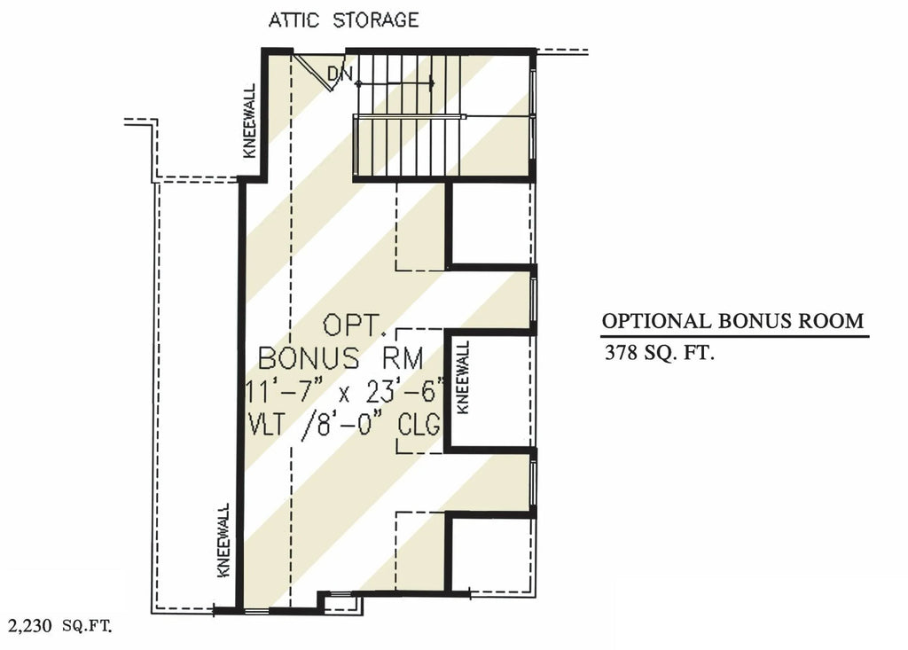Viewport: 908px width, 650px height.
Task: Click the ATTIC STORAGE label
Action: [344, 20]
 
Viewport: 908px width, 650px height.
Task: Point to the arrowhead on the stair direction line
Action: [430, 83]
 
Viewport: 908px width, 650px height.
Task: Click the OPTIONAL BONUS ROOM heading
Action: [732, 321]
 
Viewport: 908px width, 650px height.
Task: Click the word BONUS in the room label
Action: [309, 359]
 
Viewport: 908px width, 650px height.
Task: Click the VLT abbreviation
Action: [273, 425]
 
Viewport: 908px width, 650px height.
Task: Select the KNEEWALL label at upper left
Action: [249, 121]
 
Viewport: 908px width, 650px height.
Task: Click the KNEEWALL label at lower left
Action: [223, 540]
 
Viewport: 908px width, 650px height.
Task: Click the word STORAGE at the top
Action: [375, 20]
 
